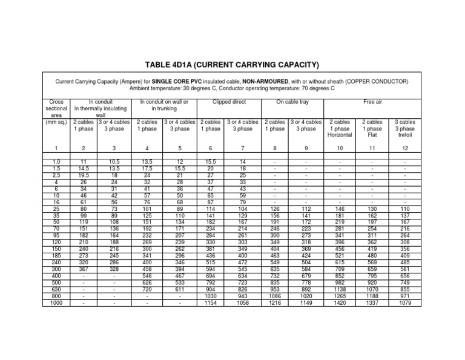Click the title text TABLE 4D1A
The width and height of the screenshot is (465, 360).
click(x=232, y=65)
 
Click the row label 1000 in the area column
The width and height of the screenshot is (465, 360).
click(x=56, y=302)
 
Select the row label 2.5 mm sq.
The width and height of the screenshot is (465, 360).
click(x=56, y=175)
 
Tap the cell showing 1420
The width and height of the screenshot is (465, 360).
click(x=339, y=302)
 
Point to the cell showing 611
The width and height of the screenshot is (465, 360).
click(x=179, y=289)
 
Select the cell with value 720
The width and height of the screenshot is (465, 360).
click(x=147, y=289)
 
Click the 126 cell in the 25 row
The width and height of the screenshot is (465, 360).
click(x=276, y=210)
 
